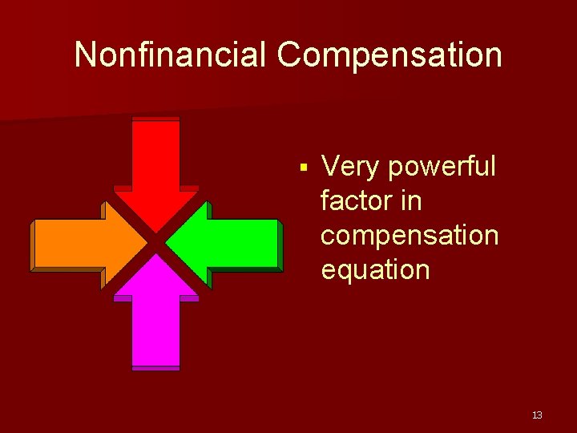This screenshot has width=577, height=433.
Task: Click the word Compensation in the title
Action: point(389,55)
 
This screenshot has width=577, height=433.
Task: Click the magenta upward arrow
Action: point(156,321)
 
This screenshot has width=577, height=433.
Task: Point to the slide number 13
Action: point(536,415)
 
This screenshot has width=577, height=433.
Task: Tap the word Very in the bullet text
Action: point(350,167)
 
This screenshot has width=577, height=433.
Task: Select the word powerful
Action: point(442,167)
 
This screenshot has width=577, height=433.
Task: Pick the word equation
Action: point(375,270)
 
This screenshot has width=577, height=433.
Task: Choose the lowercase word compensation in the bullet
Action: point(409,236)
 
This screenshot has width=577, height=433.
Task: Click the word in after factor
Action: point(410,201)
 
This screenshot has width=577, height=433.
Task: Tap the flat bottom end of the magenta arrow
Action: point(156,367)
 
